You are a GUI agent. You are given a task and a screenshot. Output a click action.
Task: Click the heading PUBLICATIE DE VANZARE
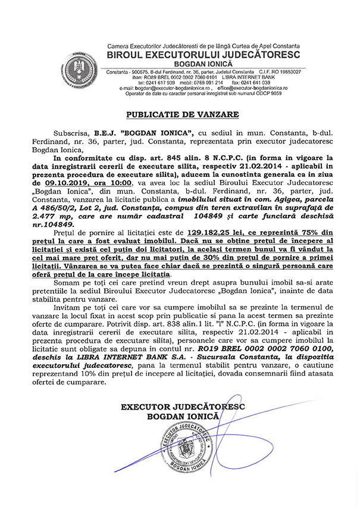coord(180,114)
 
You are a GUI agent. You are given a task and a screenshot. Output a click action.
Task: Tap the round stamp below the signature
coord(187,452)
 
